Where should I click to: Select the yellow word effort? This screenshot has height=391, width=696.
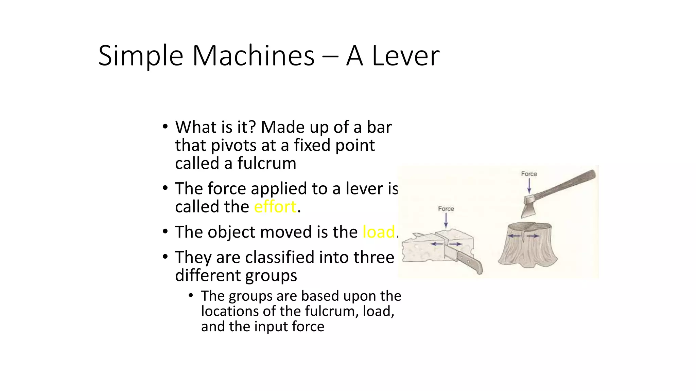(x=275, y=207)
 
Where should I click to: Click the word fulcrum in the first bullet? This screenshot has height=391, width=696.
(x=266, y=163)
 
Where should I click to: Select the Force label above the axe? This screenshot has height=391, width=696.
(x=529, y=174)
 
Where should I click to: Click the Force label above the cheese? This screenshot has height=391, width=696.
(x=446, y=209)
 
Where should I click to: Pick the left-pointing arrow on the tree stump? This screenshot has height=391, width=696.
(x=514, y=236)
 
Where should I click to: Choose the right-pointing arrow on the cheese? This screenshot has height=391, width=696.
(x=456, y=244)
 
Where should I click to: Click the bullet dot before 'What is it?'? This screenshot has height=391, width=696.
(x=165, y=127)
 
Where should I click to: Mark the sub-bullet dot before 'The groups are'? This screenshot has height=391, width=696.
(x=191, y=296)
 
